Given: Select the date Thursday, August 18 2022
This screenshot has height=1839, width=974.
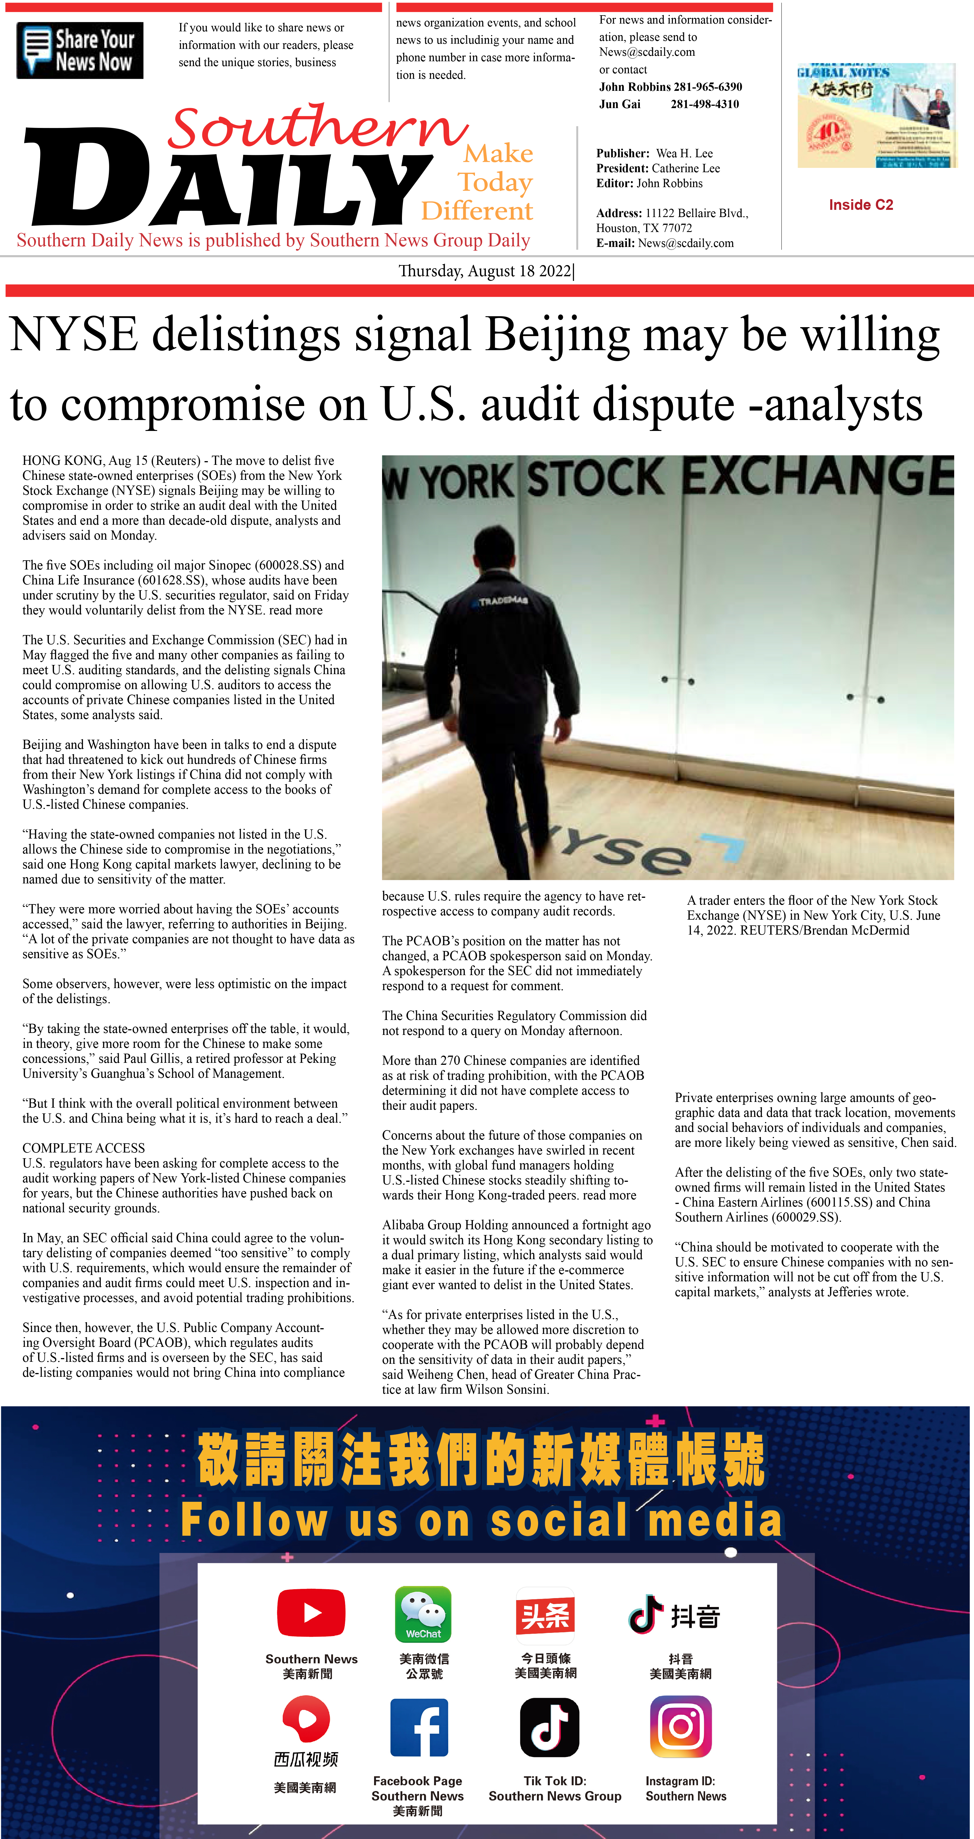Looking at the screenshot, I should tap(485, 271).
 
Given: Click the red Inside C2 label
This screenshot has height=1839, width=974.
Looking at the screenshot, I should tap(861, 205).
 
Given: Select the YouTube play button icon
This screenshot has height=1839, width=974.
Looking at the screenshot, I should tap(311, 1612).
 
